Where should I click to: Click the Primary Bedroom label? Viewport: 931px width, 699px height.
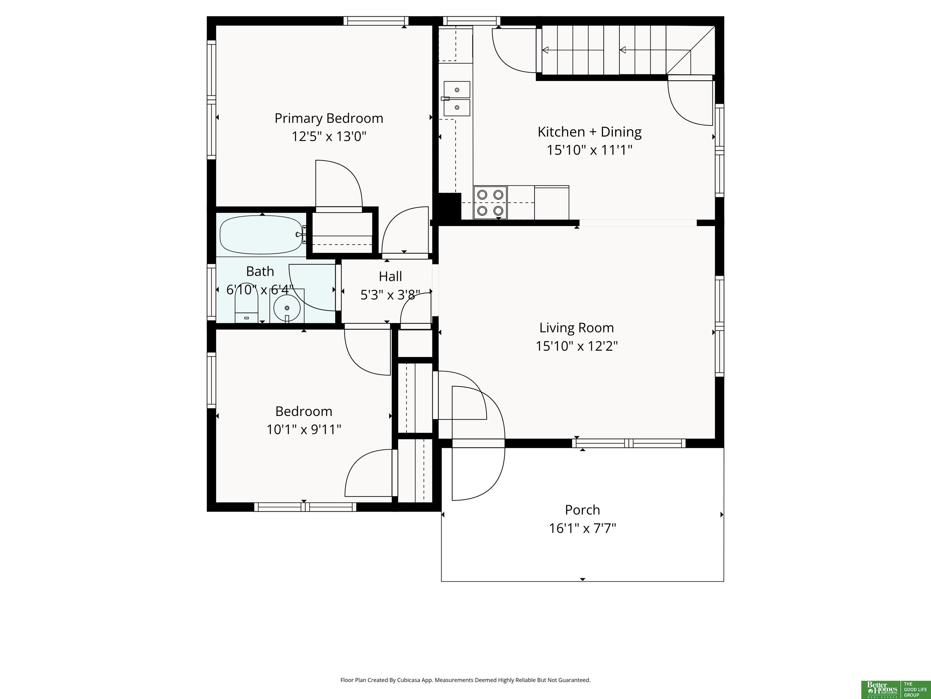[x=329, y=118]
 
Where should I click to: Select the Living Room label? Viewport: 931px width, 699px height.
[x=577, y=328]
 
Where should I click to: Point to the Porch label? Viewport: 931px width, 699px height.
[x=582, y=510]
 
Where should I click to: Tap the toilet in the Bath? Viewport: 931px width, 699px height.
[x=246, y=308]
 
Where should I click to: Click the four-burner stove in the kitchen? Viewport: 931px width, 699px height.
[x=490, y=202]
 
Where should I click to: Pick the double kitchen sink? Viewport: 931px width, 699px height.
[x=457, y=99]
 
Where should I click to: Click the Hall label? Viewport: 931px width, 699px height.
[x=390, y=276]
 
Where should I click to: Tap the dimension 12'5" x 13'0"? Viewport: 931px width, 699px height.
[x=329, y=137]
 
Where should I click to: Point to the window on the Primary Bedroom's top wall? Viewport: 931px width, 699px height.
[x=376, y=21]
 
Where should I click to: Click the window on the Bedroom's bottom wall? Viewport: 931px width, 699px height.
[x=305, y=507]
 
